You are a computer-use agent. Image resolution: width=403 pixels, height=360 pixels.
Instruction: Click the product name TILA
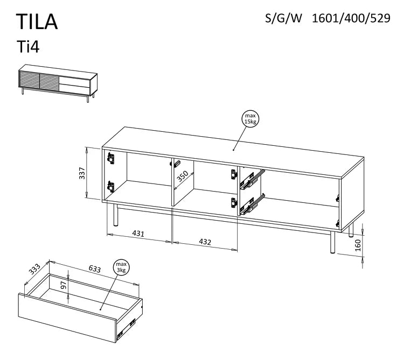[x=37, y=22]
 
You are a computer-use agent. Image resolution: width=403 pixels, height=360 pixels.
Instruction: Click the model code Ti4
[x=29, y=47]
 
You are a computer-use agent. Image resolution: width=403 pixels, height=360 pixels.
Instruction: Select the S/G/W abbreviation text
[x=284, y=18]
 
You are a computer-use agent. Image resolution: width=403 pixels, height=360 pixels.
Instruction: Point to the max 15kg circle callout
[x=249, y=119]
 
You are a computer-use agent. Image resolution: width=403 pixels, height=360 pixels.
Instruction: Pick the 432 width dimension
[x=205, y=242]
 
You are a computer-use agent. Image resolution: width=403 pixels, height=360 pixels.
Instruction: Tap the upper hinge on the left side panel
[x=111, y=158]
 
